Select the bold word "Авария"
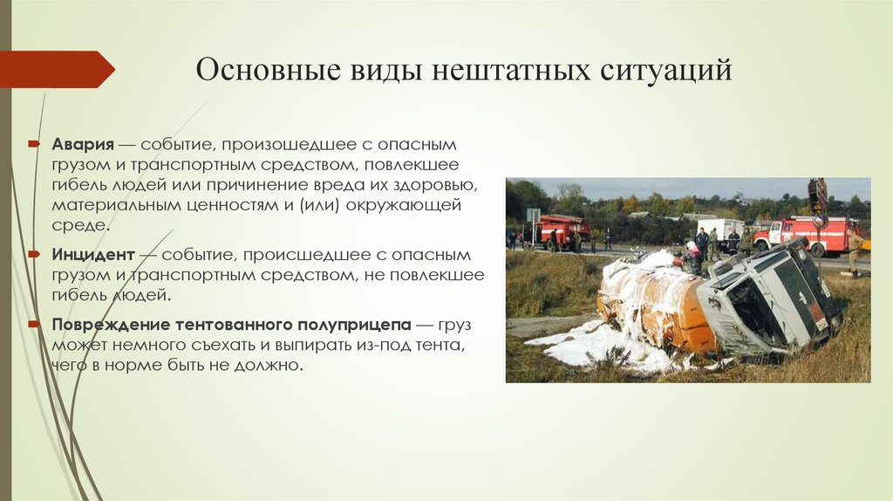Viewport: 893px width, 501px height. click(83, 143)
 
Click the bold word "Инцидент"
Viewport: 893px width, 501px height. click(92, 256)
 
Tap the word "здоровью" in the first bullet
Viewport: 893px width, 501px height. click(433, 185)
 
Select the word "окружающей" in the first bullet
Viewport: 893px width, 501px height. click(412, 206)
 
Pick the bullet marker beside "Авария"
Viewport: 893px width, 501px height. click(34, 143)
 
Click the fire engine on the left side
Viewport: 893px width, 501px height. click(563, 230)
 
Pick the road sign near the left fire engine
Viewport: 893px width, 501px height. click(532, 216)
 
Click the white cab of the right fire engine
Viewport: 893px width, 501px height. click(770, 234)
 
